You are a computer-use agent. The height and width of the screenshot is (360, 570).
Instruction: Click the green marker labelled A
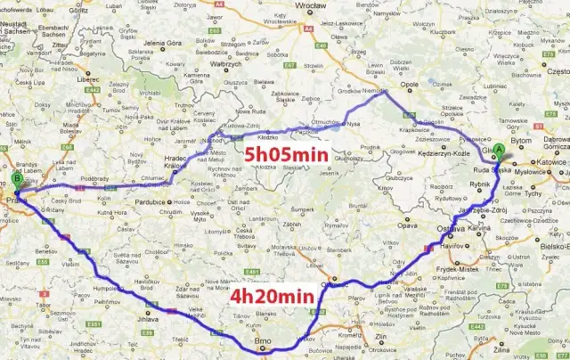[x=500, y=150]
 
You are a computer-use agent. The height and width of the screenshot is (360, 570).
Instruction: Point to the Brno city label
[x=264, y=340]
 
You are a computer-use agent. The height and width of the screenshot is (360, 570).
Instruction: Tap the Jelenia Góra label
[x=162, y=43]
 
